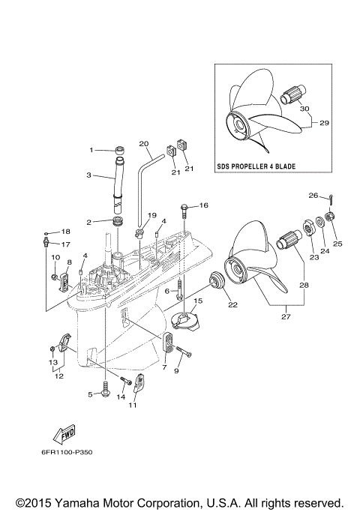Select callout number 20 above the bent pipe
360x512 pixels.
point(144,143)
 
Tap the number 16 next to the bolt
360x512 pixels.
point(203,205)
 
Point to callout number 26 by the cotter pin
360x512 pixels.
point(313,196)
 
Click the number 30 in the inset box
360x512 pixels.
point(304,108)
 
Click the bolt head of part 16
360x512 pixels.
point(184,205)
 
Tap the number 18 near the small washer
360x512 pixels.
point(65,232)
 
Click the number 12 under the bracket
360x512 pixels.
point(57,376)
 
